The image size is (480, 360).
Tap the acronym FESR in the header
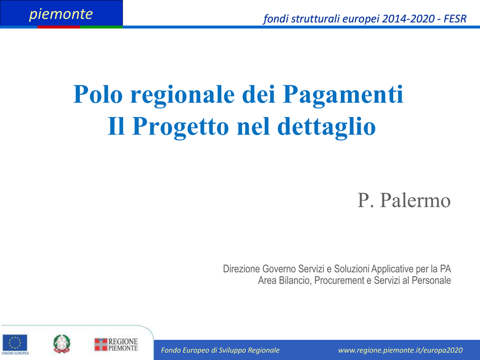pyautogui.click(x=455, y=19)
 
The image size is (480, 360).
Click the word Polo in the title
pyautogui.click(x=98, y=94)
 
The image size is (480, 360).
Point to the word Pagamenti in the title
pyautogui.click(x=343, y=95)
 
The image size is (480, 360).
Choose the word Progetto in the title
pyautogui.click(x=180, y=127)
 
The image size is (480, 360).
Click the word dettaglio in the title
pyautogui.click(x=326, y=127)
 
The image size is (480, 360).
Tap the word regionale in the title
pyautogui.click(x=182, y=95)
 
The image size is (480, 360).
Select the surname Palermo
pyautogui.click(x=415, y=201)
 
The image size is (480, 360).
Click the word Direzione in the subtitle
pyautogui.click(x=241, y=269)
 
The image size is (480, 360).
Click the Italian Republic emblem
pyautogui.click(x=62, y=344)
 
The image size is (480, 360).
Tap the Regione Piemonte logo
pyautogui.click(x=116, y=345)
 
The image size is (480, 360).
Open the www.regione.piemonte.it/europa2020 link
pyautogui.click(x=400, y=350)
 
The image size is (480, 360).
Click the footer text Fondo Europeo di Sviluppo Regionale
pyautogui.click(x=220, y=350)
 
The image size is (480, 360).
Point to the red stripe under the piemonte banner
pyautogui.click(x=59, y=27)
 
